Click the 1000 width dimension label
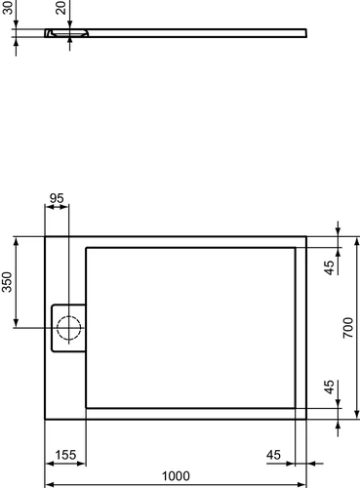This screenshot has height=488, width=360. tap(176, 476)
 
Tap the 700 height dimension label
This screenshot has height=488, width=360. tap(348, 328)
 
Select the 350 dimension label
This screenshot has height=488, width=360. tap(7, 282)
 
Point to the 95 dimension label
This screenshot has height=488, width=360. tap(57, 198)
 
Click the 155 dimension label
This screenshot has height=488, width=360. tap(65, 455)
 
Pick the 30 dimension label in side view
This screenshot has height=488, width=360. tap(7, 7)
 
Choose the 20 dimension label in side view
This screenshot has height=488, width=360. tap(60, 7)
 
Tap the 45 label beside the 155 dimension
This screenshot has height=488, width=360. tap(273, 455)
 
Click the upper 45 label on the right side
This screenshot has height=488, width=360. tap(329, 267)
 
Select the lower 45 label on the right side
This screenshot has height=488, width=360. tap(329, 387)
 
